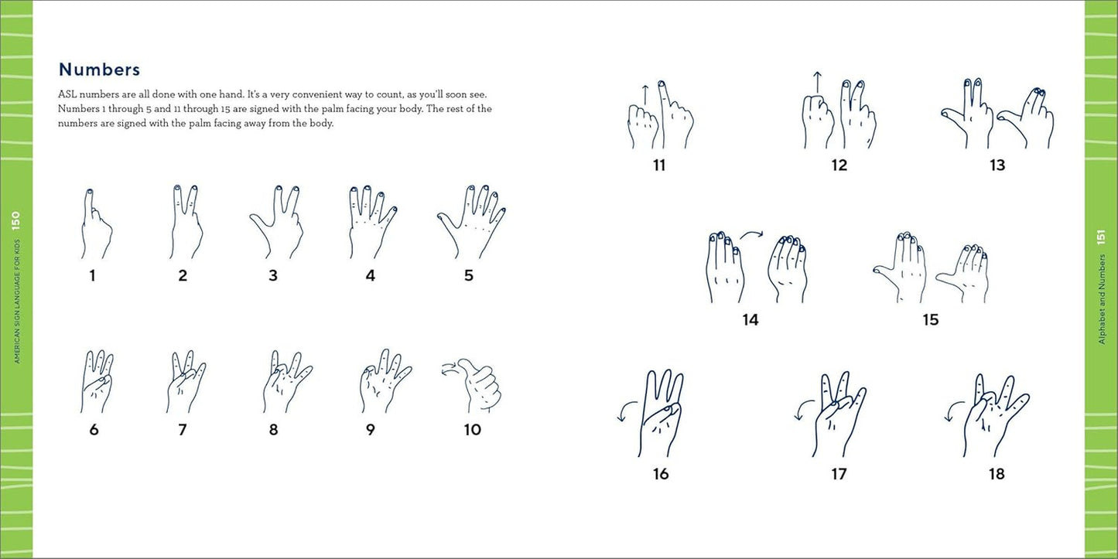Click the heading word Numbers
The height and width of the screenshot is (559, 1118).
point(99,70)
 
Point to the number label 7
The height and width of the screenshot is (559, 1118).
point(183,430)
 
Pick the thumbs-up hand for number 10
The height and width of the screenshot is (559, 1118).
point(477,387)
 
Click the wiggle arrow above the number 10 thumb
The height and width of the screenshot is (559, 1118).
point(450,370)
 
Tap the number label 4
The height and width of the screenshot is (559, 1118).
point(371,276)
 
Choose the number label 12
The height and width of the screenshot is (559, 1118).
point(839,165)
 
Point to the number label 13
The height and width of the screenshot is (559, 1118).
point(997,165)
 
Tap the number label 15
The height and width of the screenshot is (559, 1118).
point(931,319)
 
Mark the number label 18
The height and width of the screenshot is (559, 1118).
point(997,474)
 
